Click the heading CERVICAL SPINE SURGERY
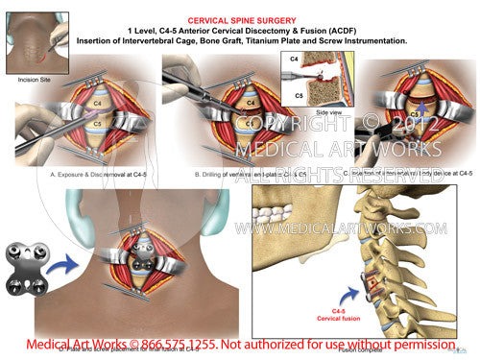[240, 17]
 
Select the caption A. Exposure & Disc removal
[85, 174]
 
